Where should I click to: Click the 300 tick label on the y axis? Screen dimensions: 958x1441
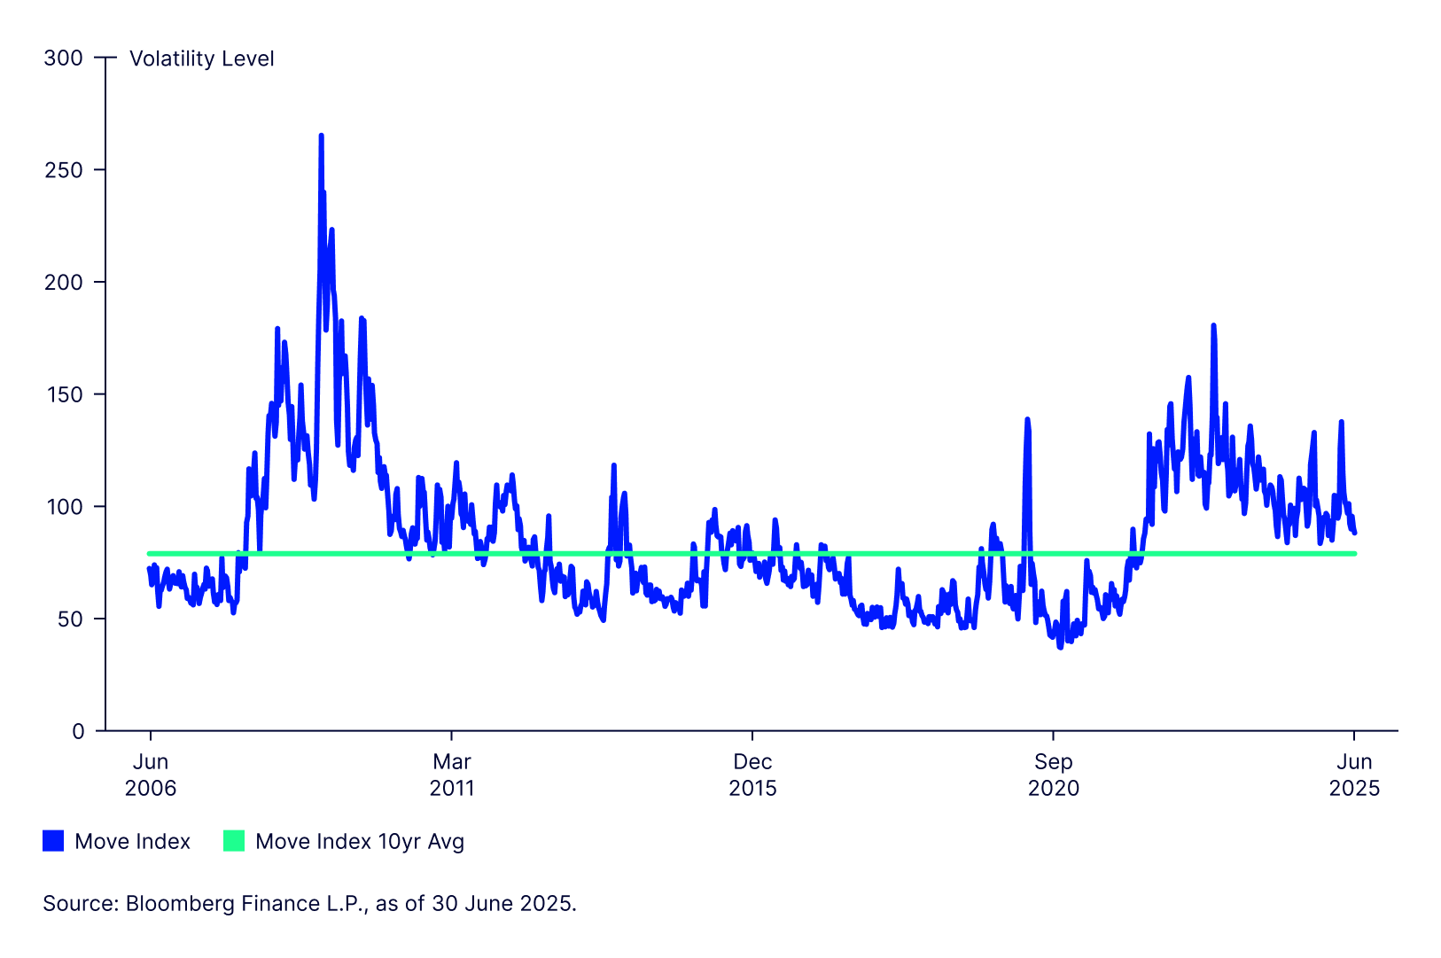[63, 58]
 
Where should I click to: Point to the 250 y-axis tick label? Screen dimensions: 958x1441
[63, 170]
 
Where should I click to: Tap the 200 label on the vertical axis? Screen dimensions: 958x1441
[63, 283]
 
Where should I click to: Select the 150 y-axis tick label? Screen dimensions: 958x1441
[63, 394]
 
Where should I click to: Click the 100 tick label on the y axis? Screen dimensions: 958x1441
[63, 507]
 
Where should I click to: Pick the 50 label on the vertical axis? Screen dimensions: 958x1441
[70, 619]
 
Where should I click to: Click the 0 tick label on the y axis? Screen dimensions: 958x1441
[78, 731]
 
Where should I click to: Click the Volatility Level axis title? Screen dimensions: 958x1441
[201, 58]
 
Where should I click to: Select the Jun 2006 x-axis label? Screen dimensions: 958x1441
[151, 775]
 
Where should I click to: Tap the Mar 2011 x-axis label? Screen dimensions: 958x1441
[452, 775]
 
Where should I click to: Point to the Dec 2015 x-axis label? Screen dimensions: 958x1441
[752, 775]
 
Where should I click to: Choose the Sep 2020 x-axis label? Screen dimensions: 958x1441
[1054, 775]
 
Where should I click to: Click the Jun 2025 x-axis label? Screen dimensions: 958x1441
[1354, 775]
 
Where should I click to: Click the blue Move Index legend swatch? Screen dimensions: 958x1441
[53, 841]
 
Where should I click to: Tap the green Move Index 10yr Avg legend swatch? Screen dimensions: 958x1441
[234, 841]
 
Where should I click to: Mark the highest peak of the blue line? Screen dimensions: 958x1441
[321, 136]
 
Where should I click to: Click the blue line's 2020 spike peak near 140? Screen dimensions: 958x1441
[1027, 419]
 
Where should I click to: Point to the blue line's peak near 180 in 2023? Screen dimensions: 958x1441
[1213, 326]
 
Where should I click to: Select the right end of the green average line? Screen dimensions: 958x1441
[1354, 554]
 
